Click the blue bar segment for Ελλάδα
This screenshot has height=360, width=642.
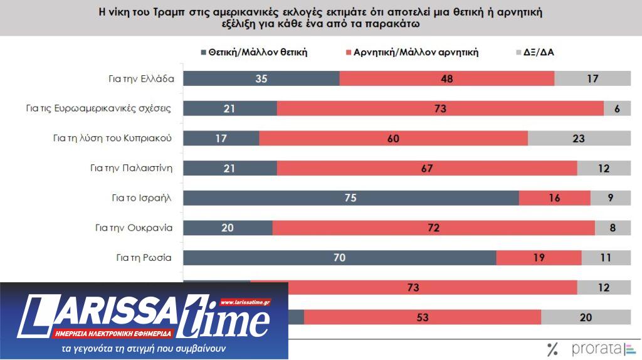(261, 78)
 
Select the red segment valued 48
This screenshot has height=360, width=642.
(447, 78)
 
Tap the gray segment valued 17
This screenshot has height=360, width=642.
(592, 78)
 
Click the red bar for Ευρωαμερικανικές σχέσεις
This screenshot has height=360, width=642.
(440, 109)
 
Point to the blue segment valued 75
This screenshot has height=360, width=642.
(351, 198)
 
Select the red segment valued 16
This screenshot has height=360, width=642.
(555, 198)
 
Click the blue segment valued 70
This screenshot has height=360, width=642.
(340, 257)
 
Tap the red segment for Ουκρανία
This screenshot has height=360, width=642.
(433, 227)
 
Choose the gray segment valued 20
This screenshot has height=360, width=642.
(586, 317)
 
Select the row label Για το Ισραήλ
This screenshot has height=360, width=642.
(137, 198)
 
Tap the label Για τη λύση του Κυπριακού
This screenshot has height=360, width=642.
(112, 138)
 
